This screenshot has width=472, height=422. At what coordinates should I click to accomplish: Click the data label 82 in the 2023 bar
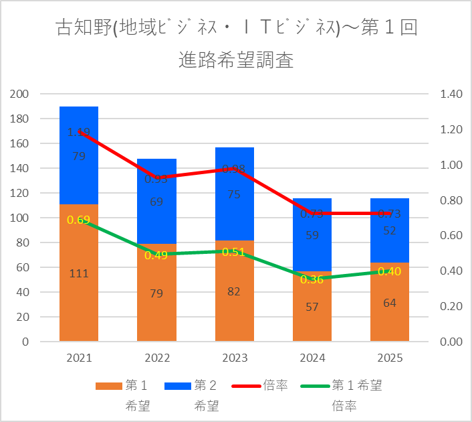click(x=234, y=291)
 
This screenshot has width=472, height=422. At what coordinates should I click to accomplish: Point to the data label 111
click(x=79, y=273)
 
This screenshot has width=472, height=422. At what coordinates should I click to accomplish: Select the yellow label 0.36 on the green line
click(x=312, y=280)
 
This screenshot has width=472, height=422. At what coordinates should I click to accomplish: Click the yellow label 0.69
click(x=79, y=220)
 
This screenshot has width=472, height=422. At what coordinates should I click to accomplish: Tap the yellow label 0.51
click(x=234, y=252)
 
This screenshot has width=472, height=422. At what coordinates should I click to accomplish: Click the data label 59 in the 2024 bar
click(x=312, y=235)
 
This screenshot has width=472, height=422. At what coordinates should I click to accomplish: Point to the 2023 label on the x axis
click(x=234, y=357)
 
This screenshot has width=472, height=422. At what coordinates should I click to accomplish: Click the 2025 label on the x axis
click(x=389, y=357)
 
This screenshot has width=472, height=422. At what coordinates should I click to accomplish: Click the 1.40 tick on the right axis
click(x=452, y=94)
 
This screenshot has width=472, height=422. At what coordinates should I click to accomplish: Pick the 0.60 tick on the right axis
click(x=452, y=236)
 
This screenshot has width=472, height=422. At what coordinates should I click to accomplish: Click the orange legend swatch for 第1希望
click(x=108, y=386)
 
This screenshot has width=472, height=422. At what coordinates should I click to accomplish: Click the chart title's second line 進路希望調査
click(x=236, y=61)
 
